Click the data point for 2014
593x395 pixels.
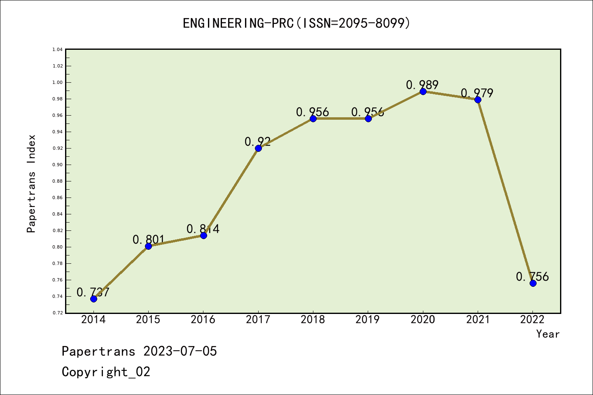tap(93, 299)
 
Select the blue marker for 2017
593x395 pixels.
tap(258, 148)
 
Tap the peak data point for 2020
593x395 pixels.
tap(423, 91)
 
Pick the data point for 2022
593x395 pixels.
tap(533, 283)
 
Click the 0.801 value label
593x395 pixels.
tap(149, 239)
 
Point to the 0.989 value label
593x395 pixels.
tap(422, 85)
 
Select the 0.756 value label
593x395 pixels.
tap(532, 276)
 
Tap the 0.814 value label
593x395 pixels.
tap(203, 229)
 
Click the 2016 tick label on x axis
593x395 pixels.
tap(203, 320)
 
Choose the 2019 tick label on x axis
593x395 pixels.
tap(368, 320)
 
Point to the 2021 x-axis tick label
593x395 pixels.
tap(478, 320)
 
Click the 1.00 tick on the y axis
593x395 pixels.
tap(58, 82)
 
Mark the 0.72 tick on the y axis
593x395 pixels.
tap(58, 313)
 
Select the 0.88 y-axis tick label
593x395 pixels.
tap(58, 181)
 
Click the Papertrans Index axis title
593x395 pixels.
tap(31, 184)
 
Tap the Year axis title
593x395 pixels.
tap(548, 334)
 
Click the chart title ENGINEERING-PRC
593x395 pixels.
tap(296, 23)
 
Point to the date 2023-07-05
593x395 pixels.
tap(180, 351)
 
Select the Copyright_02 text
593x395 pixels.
tap(106, 372)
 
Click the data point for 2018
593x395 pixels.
tap(313, 118)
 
